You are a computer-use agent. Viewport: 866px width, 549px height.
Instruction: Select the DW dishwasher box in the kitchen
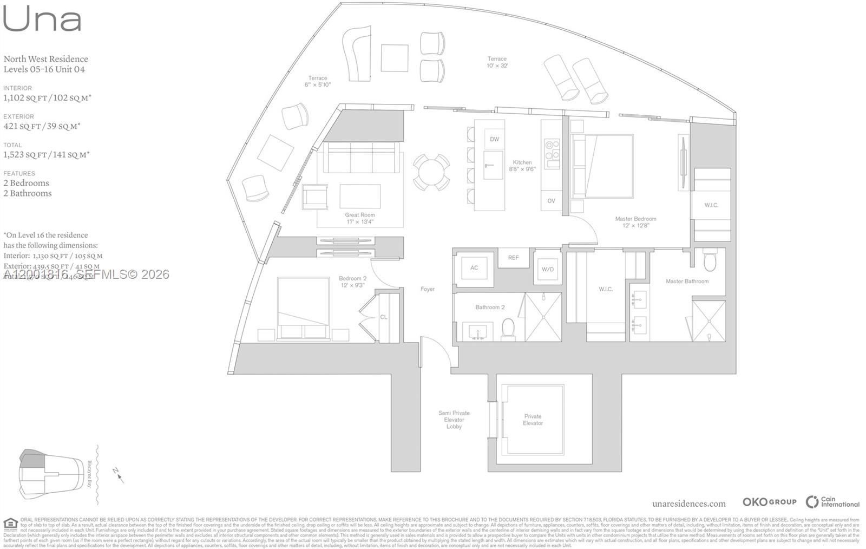pyautogui.click(x=494, y=139)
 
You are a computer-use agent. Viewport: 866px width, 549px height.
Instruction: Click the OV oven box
pyautogui.click(x=551, y=201)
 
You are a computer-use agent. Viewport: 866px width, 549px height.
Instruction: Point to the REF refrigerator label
pyautogui.click(x=513, y=258)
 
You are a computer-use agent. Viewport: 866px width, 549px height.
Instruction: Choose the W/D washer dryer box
pyautogui.click(x=547, y=269)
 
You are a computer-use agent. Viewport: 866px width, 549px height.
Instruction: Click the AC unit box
pyautogui.click(x=474, y=268)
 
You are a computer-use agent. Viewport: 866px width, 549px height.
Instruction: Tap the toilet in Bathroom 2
pyautogui.click(x=508, y=329)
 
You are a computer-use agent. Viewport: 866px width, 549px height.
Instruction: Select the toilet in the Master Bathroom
pyautogui.click(x=710, y=262)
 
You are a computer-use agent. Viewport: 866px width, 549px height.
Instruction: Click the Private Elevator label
pyautogui.click(x=533, y=420)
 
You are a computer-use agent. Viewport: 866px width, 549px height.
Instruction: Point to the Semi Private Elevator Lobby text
pyautogui.click(x=454, y=420)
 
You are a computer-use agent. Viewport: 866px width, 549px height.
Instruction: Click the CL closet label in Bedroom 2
pyautogui.click(x=383, y=317)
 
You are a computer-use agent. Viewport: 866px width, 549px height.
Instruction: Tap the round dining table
pyautogui.click(x=431, y=172)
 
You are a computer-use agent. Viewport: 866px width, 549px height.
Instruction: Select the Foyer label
pyautogui.click(x=428, y=289)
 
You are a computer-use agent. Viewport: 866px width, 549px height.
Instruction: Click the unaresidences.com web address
pyautogui.click(x=688, y=504)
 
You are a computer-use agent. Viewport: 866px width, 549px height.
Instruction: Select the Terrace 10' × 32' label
pyautogui.click(x=497, y=62)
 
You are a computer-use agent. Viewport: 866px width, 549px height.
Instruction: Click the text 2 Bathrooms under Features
pyautogui.click(x=28, y=193)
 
